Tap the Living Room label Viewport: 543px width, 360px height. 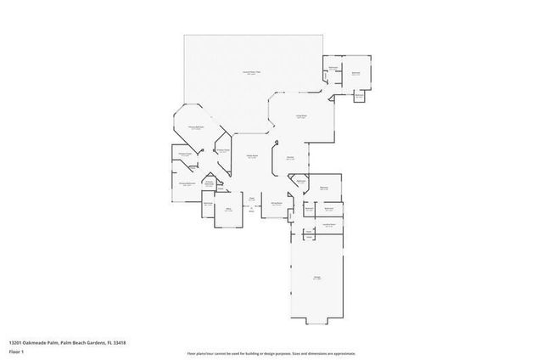300,115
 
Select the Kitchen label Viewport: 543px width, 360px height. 290,158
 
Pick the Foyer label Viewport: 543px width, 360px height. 252,200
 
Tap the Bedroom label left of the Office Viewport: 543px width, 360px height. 208,204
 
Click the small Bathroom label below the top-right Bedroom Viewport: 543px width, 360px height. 360,95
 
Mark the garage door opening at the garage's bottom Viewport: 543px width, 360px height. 316,324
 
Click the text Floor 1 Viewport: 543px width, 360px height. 16,350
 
